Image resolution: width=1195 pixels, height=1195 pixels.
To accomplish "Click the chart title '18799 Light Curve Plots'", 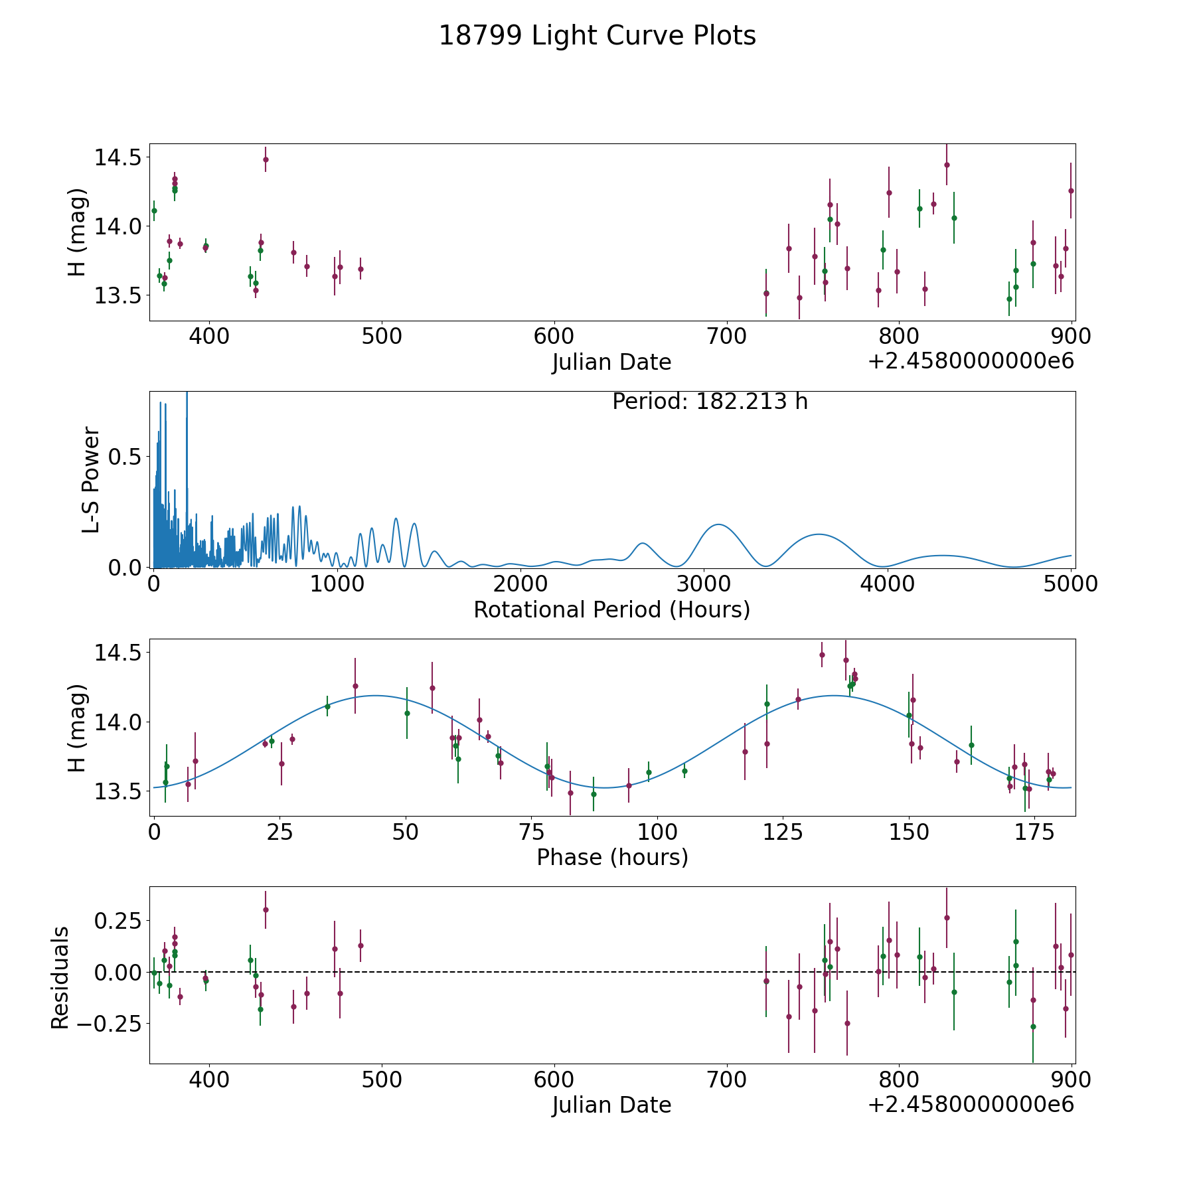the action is click(x=597, y=36).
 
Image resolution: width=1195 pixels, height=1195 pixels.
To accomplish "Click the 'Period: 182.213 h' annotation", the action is click(x=710, y=402).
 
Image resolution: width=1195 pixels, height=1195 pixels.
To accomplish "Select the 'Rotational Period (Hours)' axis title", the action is click(x=611, y=609).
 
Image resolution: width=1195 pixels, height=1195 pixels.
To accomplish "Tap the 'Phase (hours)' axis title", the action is click(x=612, y=857).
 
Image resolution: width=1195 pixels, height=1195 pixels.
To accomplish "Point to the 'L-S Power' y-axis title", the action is click(x=92, y=480).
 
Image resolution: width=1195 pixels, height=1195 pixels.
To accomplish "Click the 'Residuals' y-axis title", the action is click(x=60, y=978).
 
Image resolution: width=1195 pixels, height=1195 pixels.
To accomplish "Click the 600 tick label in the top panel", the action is click(x=554, y=337).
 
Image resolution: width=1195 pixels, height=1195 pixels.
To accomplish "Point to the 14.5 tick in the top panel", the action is click(x=117, y=158).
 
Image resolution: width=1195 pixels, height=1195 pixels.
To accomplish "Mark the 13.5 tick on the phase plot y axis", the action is click(x=117, y=791).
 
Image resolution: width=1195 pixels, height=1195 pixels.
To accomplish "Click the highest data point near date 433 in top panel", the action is click(x=266, y=159).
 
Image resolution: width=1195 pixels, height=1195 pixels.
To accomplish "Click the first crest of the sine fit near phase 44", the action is click(x=376, y=695).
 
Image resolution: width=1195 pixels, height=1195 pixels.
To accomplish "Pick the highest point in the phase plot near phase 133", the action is click(x=822, y=655).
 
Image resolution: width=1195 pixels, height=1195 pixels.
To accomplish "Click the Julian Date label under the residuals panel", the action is click(x=611, y=1105).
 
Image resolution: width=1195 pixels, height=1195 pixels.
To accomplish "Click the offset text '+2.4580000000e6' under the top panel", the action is click(x=971, y=361).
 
